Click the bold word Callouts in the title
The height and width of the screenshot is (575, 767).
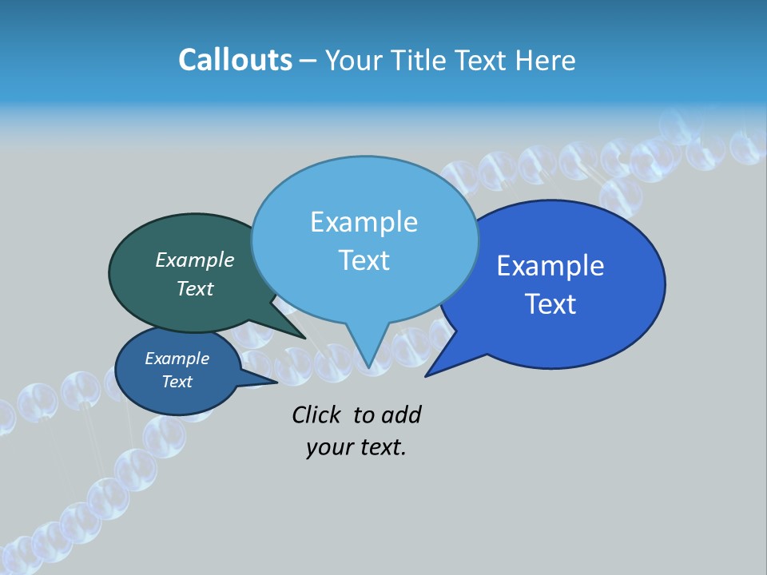click(235, 60)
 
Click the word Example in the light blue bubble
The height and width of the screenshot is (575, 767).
click(364, 222)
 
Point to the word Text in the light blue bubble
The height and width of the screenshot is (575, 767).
click(364, 260)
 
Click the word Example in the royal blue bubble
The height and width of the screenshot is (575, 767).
click(550, 266)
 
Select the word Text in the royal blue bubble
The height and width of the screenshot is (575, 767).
click(550, 304)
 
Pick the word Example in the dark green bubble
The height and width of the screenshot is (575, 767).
click(195, 260)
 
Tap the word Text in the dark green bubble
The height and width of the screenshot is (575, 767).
click(195, 288)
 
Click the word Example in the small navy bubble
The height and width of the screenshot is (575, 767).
click(177, 359)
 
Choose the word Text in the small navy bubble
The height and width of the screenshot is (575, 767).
click(177, 382)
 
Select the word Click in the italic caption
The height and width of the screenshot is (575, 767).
click(316, 414)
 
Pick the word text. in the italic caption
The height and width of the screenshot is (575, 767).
click(381, 447)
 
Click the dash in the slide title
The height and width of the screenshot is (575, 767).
click(308, 61)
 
